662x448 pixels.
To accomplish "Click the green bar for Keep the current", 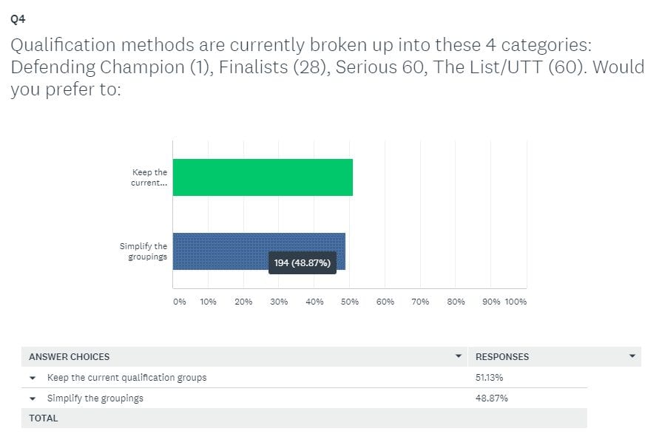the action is click(263, 177).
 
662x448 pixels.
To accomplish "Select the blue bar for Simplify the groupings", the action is click(259, 251).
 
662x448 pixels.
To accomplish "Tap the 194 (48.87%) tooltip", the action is click(303, 262).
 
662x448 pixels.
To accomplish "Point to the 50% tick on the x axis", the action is click(350, 302).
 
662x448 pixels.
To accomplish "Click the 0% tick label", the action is click(180, 302).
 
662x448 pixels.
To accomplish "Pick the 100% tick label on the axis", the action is click(516, 302).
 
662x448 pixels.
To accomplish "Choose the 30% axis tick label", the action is click(279, 302).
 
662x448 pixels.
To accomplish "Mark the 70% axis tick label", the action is click(420, 302).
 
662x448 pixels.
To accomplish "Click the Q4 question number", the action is click(18, 19).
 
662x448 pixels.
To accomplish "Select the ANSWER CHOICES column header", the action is click(70, 357).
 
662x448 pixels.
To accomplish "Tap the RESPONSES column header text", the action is click(502, 357).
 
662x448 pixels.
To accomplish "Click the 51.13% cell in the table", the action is click(490, 378).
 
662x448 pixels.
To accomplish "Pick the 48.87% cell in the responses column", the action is click(491, 398).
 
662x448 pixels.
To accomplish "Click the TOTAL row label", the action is click(44, 418).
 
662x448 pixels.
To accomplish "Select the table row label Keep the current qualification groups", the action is click(126, 378).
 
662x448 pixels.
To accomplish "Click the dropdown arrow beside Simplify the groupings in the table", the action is click(33, 398).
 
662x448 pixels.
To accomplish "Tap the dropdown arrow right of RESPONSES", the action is click(632, 356).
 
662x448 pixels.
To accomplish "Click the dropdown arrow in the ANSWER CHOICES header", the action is click(459, 356).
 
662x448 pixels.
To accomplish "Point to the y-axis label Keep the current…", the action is click(149, 177).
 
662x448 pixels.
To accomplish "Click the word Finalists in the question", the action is click(253, 67).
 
